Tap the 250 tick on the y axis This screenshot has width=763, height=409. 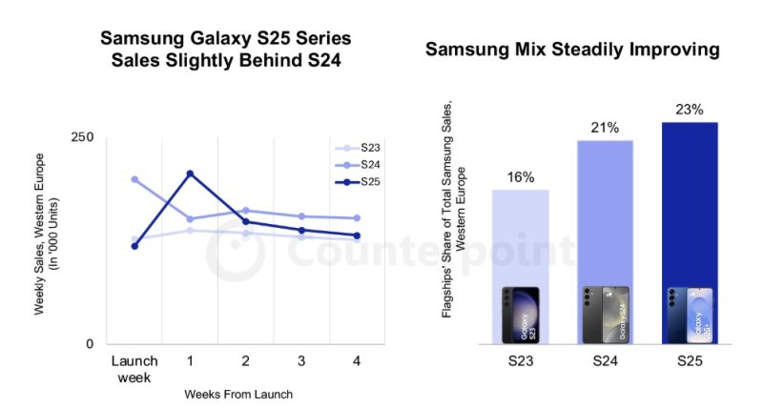click(82, 137)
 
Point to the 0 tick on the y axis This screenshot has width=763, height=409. click(89, 343)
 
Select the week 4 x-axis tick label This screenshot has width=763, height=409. click(357, 361)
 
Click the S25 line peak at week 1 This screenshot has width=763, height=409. click(190, 174)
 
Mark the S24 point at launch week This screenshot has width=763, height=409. click(134, 179)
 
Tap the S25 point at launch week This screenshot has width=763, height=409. click(134, 246)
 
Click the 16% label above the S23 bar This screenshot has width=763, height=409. click(521, 176)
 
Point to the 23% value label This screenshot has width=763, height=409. click(689, 110)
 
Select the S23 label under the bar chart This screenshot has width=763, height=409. click(521, 363)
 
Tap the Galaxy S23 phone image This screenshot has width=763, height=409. click(520, 315)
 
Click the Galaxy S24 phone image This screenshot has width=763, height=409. click(605, 315)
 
